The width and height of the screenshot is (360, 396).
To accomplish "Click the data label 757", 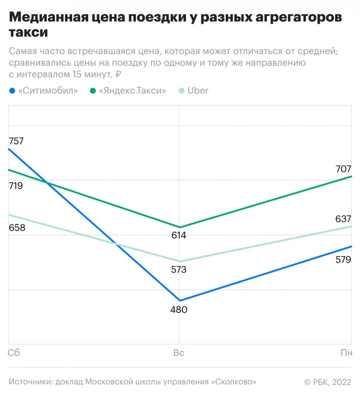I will click(x=16, y=141).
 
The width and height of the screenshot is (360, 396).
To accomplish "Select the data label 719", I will click(x=16, y=186).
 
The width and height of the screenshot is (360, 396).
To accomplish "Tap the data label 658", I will click(x=17, y=228).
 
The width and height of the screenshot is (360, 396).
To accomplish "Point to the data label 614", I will click(x=179, y=235).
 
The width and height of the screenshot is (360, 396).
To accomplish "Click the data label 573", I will click(x=179, y=270).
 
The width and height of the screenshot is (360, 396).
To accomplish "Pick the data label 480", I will click(x=179, y=310).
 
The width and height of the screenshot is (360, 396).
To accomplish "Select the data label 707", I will click(x=343, y=169).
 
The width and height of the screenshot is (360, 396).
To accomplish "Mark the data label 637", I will click(x=343, y=219).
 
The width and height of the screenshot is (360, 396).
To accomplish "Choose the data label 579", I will click(x=343, y=260).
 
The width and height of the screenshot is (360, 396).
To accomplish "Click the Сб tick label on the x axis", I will click(x=14, y=353).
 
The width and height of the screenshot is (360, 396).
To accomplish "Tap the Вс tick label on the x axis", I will click(x=179, y=353).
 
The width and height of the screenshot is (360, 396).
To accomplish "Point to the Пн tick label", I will click(x=346, y=353).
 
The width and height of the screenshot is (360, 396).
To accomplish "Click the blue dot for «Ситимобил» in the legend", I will click(x=12, y=91).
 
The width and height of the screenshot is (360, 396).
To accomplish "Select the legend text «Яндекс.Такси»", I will click(x=132, y=91).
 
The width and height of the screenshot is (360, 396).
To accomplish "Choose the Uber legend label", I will click(x=198, y=91).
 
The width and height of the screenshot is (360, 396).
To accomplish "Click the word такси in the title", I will click(x=28, y=32).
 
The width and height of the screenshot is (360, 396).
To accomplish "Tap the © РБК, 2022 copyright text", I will click(x=328, y=382).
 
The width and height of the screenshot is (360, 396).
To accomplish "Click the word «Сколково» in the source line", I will click(x=234, y=382).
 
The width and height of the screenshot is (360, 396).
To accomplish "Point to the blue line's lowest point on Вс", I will click(x=180, y=300).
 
